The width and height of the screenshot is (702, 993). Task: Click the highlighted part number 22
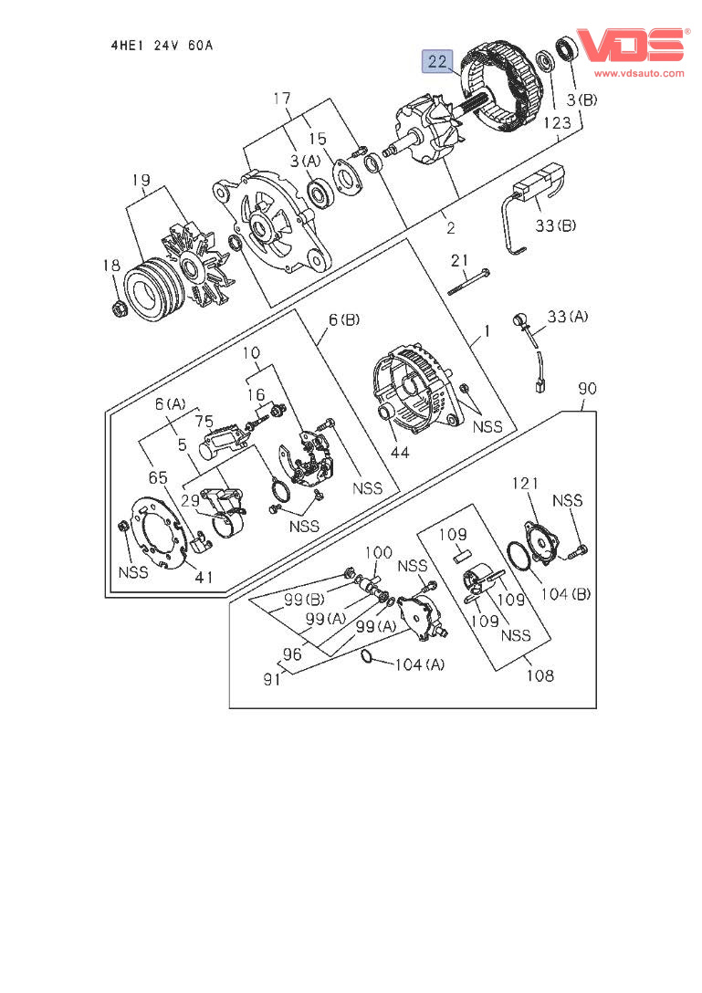436,62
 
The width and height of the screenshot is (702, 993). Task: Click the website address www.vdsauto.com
639,73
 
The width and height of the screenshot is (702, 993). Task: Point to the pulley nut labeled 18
118,310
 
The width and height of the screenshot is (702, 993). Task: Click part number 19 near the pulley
140,181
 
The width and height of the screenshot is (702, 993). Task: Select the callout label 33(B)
556,225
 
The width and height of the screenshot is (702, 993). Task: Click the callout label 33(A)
568,317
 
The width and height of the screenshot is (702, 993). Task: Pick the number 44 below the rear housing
400,452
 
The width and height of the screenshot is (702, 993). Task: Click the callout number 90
586,390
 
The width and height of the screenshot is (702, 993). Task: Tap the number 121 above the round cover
525,483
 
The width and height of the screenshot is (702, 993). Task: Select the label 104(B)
568,594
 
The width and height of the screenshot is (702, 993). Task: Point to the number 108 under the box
539,676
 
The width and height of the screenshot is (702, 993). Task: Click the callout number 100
379,552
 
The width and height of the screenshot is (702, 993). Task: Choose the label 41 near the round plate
203,577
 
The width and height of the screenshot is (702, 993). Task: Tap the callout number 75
203,421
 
